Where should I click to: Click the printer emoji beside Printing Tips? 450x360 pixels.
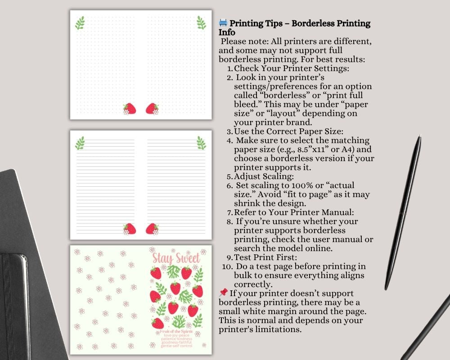[x=223, y=23]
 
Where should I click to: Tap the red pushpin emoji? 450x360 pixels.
[x=223, y=293]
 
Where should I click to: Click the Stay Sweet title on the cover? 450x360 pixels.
[x=175, y=257]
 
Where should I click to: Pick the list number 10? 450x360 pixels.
[x=227, y=266]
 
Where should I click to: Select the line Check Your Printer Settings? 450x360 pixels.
[x=292, y=68]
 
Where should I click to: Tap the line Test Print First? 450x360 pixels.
[x=265, y=257]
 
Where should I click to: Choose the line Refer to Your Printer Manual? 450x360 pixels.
[x=294, y=212]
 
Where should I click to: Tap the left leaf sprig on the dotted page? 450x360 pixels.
[x=80, y=23]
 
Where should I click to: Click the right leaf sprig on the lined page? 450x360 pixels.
[x=201, y=143]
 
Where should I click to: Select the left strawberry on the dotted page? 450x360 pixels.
[x=130, y=108]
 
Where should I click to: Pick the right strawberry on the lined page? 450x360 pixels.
[x=152, y=229]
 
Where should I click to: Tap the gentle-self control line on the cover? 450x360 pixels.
[x=177, y=346]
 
